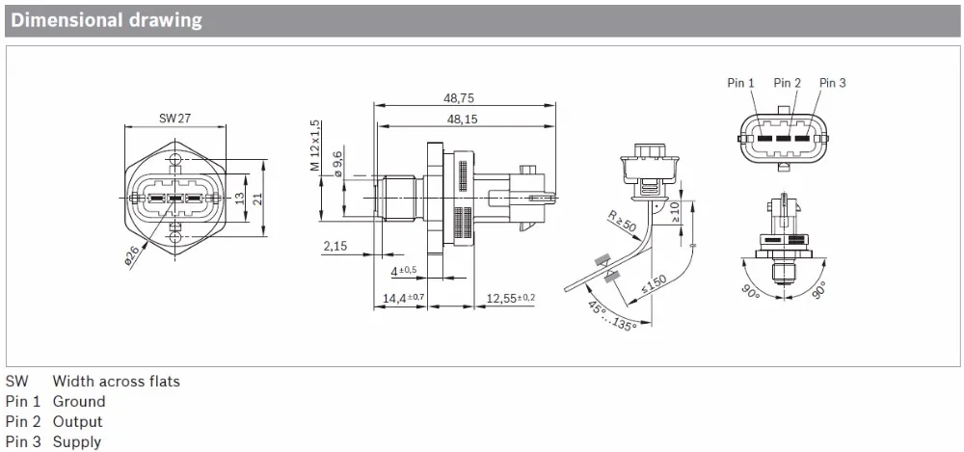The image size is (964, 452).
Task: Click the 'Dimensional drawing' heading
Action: [x=107, y=20]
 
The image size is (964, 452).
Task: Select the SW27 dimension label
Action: [x=174, y=119]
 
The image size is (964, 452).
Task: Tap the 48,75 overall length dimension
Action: [x=459, y=97]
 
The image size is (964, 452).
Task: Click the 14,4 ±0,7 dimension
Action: [x=403, y=299]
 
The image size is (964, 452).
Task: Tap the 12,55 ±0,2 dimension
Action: [x=510, y=298]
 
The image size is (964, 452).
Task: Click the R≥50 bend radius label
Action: [x=621, y=223]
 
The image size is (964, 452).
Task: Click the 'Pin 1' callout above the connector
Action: [x=741, y=83]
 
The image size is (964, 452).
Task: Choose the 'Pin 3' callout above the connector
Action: [x=832, y=83]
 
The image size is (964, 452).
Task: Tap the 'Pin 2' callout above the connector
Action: [x=787, y=83]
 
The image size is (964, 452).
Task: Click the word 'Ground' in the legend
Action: [x=79, y=401]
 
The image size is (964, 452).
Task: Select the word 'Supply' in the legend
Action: [x=77, y=442]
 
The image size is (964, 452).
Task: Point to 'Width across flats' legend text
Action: [x=116, y=381]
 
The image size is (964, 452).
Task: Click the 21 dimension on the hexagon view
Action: [x=258, y=198]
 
